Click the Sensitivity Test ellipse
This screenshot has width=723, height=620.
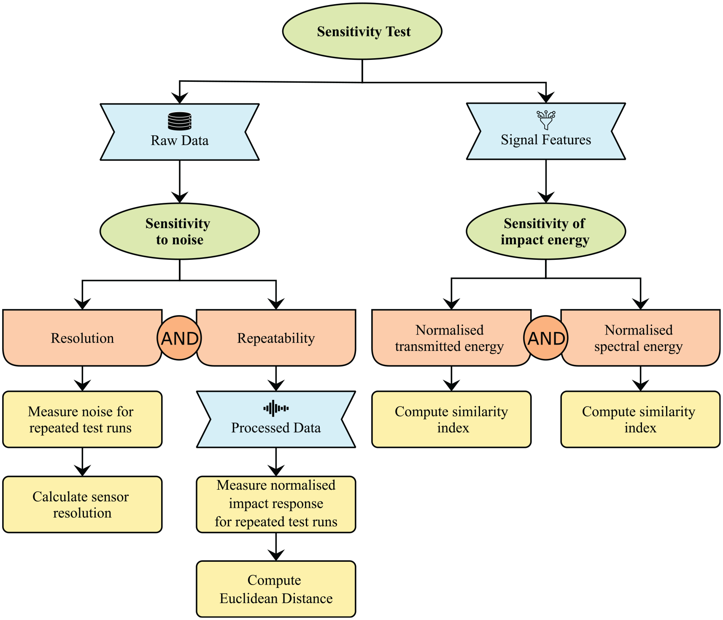point(362,31)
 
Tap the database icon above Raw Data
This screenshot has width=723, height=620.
point(180,121)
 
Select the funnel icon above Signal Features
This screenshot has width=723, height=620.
point(546,120)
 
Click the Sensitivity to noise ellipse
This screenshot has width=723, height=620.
point(180,231)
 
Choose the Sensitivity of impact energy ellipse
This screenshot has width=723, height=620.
point(546,231)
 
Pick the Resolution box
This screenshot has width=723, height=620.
point(82,338)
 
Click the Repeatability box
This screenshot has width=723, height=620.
point(276,338)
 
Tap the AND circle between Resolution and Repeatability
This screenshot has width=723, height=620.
point(179,338)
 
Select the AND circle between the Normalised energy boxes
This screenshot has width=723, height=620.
point(546,338)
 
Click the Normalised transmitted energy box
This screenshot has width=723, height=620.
point(451,338)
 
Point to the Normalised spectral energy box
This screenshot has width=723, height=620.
point(640,338)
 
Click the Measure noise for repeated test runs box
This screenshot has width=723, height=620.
point(82,419)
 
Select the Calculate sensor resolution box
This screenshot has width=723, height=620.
point(82,504)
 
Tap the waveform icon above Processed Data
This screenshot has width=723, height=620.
point(276,408)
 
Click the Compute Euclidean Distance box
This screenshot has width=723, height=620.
point(276,589)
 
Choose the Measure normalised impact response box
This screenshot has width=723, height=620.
point(276,504)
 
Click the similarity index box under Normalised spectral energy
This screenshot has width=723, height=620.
point(640,419)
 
